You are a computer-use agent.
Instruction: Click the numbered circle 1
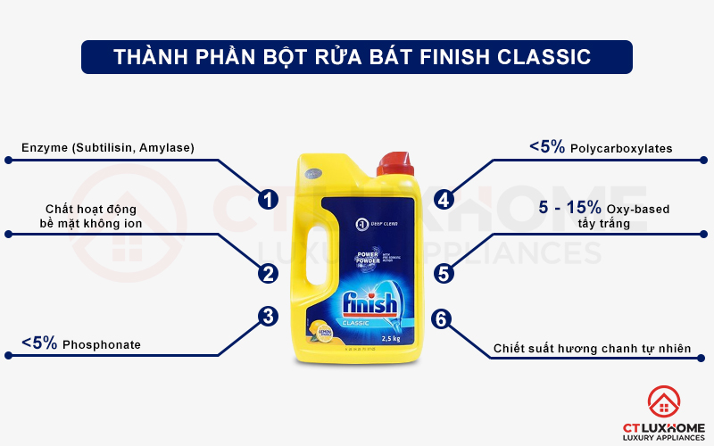pyautogui.click(x=267, y=199)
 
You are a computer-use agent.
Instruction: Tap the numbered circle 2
pyautogui.click(x=267, y=272)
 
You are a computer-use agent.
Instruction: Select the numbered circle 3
pyautogui.click(x=267, y=315)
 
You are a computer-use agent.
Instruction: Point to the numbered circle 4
pyautogui.click(x=444, y=199)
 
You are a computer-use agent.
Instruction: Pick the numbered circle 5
pyautogui.click(x=444, y=272)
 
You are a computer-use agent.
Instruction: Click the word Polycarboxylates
pyautogui.click(x=621, y=148)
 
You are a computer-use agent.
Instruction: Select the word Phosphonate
pyautogui.click(x=102, y=344)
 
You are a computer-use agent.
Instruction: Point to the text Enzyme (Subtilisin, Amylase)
pyautogui.click(x=108, y=147)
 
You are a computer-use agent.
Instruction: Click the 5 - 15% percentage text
pyautogui.click(x=570, y=208)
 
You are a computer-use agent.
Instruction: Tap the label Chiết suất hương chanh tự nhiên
pyautogui.click(x=593, y=348)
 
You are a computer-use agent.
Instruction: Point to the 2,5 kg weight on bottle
pyautogui.click(x=389, y=338)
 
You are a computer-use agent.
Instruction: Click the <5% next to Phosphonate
pyautogui.click(x=39, y=343)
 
